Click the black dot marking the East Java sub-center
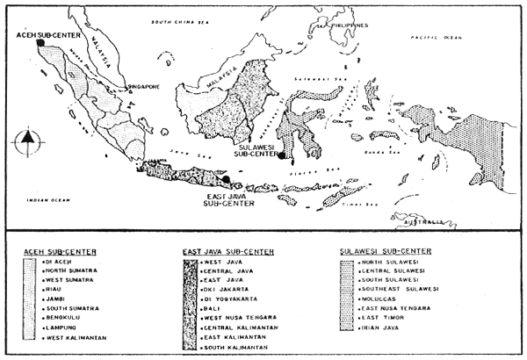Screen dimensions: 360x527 (x=227, y=179)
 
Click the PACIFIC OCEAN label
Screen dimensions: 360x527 (x=440, y=39)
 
